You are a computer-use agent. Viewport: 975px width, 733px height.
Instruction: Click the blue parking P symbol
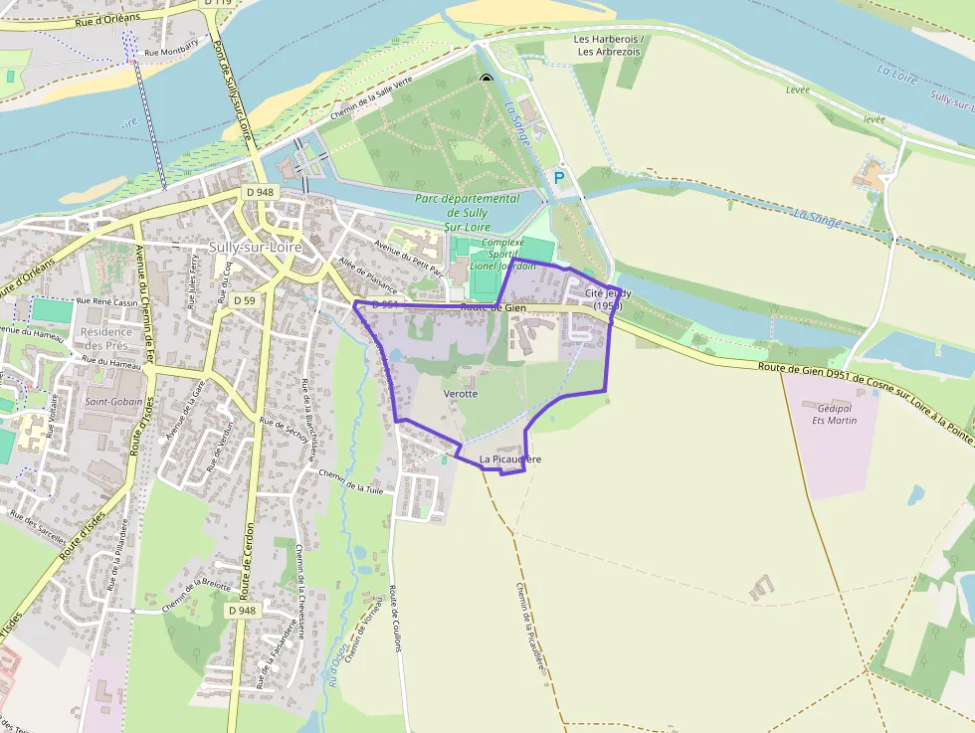(558, 177)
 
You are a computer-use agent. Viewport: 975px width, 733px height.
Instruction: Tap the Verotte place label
(461, 394)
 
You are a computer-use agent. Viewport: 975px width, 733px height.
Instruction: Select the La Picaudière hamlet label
(510, 459)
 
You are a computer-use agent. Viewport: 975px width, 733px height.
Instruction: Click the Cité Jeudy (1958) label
(608, 299)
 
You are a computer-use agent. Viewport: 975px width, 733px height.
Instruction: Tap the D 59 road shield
(244, 299)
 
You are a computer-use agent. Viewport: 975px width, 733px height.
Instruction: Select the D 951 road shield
(385, 305)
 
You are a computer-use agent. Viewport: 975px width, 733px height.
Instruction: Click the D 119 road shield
(217, 4)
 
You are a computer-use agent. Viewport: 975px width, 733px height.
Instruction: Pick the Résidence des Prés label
(106, 339)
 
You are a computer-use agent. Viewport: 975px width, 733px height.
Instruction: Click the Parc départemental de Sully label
(468, 205)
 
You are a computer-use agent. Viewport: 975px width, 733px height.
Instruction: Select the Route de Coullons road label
(396, 617)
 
